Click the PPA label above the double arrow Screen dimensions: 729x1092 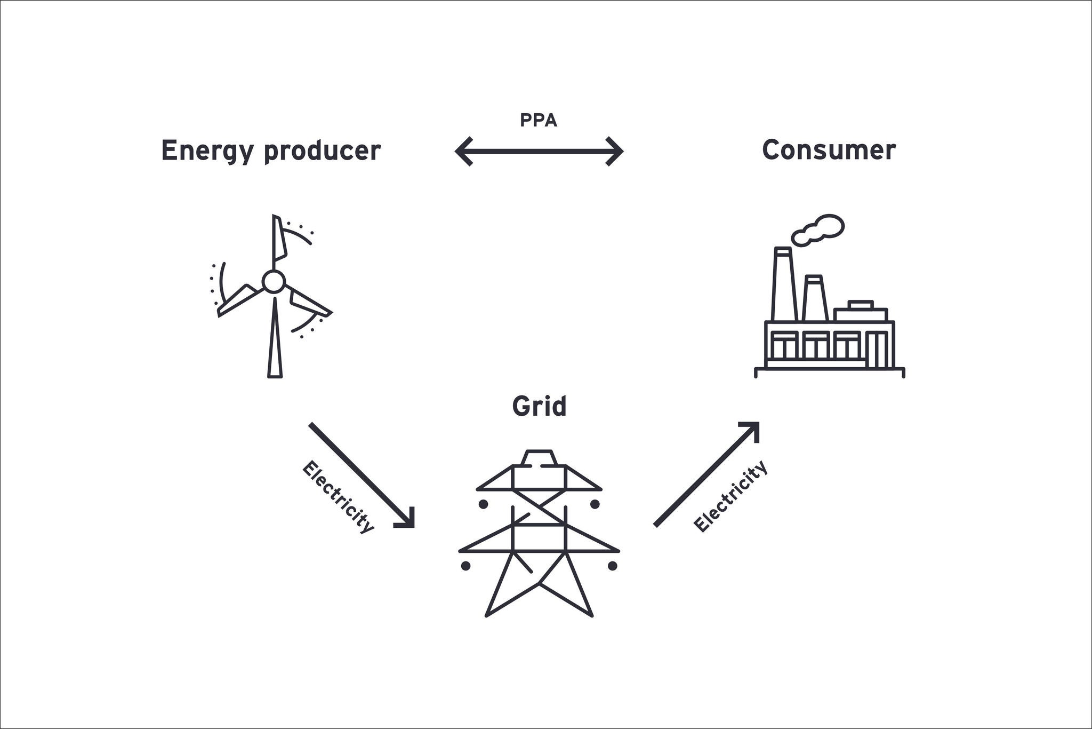tap(539, 121)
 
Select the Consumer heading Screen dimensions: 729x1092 tap(829, 150)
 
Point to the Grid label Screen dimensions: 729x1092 tap(539, 407)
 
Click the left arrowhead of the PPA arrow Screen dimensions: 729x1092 tap(463, 152)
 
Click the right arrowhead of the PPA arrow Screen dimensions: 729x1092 tap(615, 152)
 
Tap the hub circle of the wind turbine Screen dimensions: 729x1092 tap(274, 281)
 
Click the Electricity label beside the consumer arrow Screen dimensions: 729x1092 tap(730, 496)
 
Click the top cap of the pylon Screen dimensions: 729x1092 tap(539, 458)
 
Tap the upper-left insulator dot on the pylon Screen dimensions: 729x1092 tap(483, 504)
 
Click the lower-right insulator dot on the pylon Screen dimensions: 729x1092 tap(612, 565)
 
